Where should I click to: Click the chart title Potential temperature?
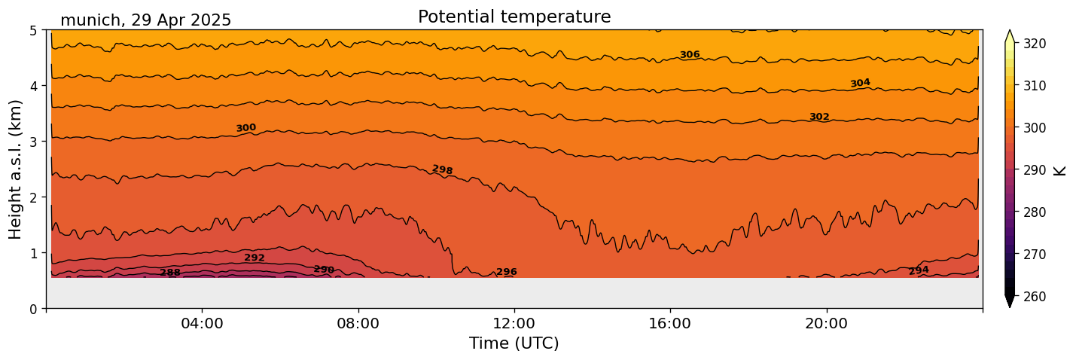click(x=514, y=17)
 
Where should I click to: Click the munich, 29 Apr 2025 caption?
click(x=145, y=20)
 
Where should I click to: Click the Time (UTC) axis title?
click(x=514, y=343)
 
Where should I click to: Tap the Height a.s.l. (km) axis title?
click(x=16, y=169)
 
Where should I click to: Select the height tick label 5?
click(x=34, y=31)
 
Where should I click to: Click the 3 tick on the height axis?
click(x=34, y=142)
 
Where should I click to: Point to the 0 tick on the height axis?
click(x=34, y=309)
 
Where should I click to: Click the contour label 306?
click(x=690, y=55)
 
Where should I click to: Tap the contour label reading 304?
click(x=860, y=83)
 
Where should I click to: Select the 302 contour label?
click(x=819, y=117)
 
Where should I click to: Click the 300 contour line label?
click(x=246, y=128)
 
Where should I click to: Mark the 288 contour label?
click(x=170, y=273)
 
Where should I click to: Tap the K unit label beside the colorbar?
click(x=1060, y=170)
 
